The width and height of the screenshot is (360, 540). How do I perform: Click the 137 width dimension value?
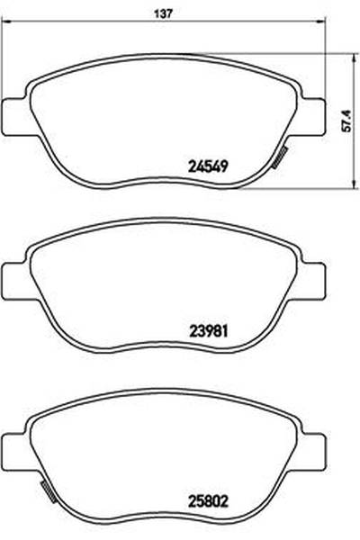(162, 13)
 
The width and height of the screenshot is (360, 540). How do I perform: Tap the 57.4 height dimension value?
(347, 121)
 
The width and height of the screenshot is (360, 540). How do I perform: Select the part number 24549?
(208, 166)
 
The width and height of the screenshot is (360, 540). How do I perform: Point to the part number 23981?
(208, 331)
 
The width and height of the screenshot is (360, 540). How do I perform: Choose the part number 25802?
(208, 501)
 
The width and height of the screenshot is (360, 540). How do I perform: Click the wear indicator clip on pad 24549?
(279, 157)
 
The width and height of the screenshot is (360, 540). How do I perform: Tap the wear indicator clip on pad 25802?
(49, 491)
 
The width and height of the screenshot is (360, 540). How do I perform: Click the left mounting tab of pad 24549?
(14, 117)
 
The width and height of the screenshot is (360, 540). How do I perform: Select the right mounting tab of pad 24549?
(312, 117)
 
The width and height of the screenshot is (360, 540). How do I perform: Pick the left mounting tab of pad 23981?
(14, 281)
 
